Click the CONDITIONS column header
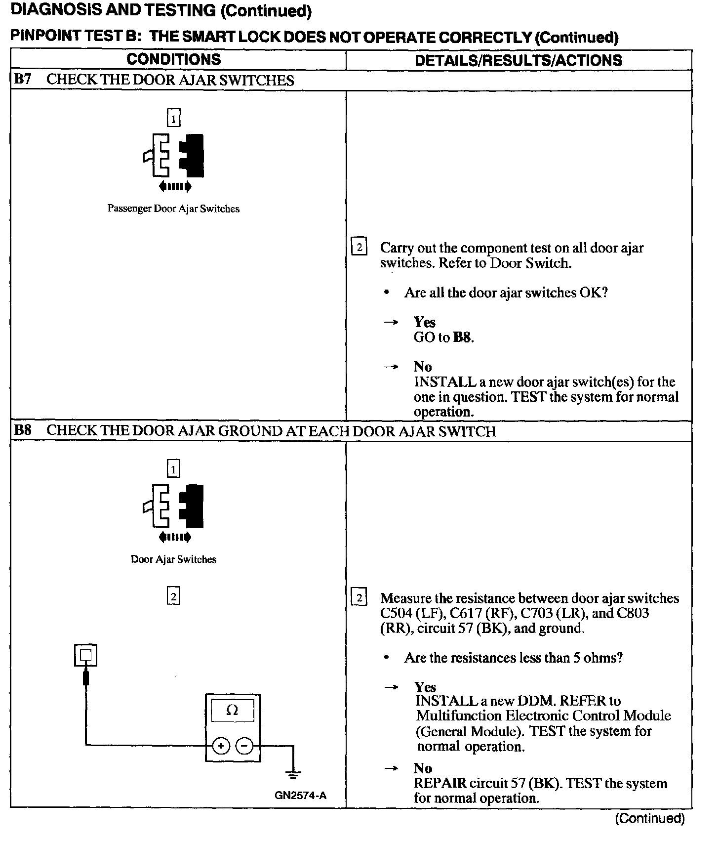point(173,60)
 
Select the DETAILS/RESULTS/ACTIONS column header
point(518,60)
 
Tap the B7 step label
point(23,80)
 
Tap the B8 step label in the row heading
point(23,430)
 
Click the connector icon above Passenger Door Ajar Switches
point(174,155)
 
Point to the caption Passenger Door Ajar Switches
point(173,209)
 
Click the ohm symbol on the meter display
point(232,711)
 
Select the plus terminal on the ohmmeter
point(221,746)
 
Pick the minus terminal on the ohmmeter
point(244,746)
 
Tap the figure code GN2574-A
point(301,796)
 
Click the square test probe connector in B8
point(85,656)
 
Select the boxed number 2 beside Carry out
point(359,247)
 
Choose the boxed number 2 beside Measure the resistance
point(359,598)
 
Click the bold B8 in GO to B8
point(462,338)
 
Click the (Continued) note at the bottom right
point(649,818)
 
